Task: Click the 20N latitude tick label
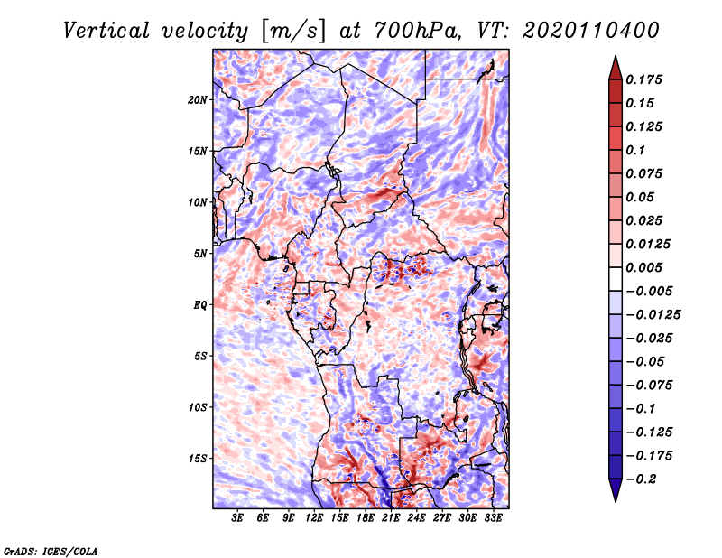(198, 99)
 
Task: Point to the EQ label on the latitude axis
(200, 304)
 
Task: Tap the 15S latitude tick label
(198, 458)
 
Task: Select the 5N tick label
(200, 254)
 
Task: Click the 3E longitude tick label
(237, 518)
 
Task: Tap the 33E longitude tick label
(493, 518)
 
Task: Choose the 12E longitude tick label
(314, 518)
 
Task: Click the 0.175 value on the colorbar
(643, 79)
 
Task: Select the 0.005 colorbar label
(643, 267)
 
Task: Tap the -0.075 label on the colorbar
(649, 386)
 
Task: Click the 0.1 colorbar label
(635, 150)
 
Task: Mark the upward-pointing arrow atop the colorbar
(616, 68)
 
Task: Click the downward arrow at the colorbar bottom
(616, 490)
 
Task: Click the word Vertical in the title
(106, 31)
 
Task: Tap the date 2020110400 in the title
(591, 31)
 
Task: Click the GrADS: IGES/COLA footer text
(51, 552)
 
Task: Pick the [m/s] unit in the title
(293, 32)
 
